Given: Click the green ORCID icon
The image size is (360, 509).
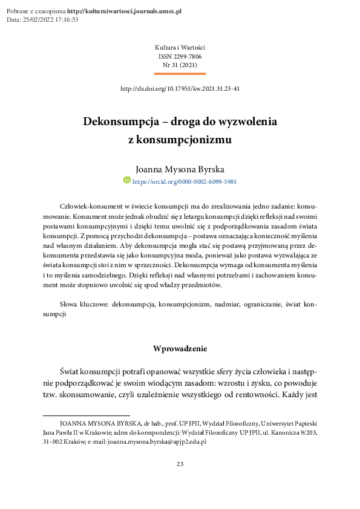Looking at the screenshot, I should click(127, 180).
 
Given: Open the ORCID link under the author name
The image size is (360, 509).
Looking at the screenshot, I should click(184, 181).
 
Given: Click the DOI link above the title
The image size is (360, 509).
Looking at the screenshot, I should click(180, 88).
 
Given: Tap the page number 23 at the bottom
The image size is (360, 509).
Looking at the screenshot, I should click(180, 464).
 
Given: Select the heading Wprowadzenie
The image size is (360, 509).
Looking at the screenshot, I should click(180, 348).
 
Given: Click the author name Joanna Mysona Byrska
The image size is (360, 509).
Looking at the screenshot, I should click(180, 169).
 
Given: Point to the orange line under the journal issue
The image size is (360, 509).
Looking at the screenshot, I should click(180, 74).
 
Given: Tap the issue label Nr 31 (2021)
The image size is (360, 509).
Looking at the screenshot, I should click(180, 65).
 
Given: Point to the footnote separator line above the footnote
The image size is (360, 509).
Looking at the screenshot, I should click(78, 416).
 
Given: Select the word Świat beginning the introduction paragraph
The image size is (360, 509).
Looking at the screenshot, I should click(71, 369).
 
